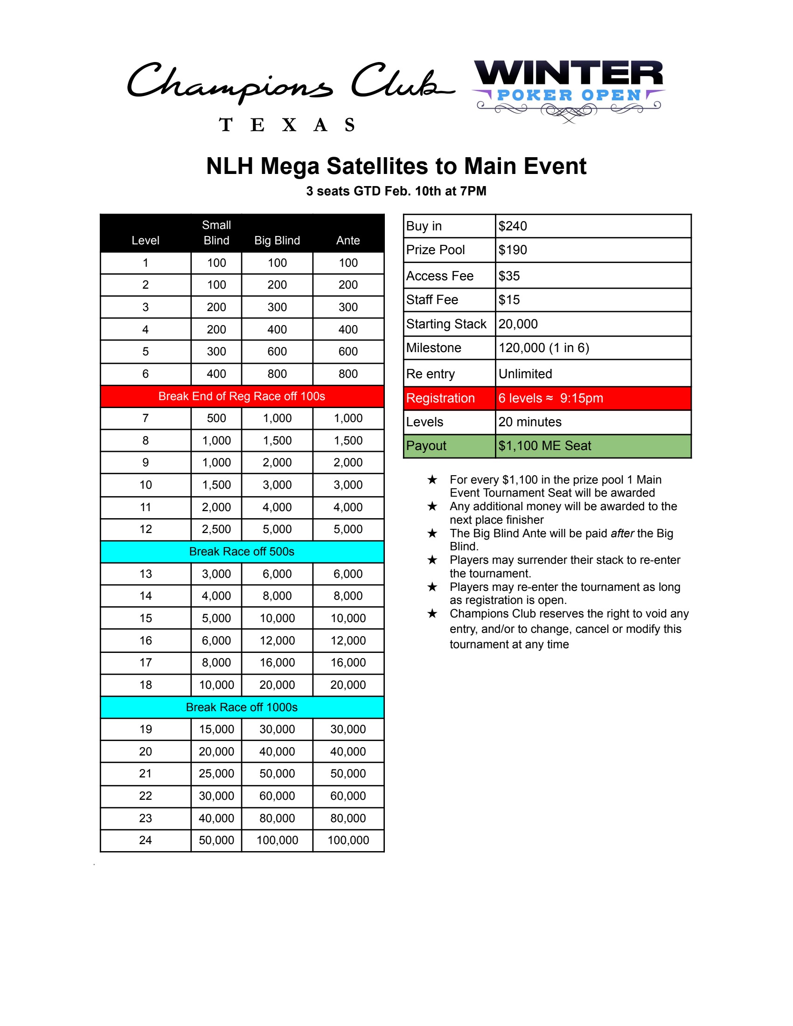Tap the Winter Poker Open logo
point(569,89)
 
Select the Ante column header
point(348,240)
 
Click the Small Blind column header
point(216,233)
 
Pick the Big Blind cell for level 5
point(277,351)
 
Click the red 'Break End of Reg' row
point(242,396)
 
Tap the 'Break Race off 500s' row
point(242,552)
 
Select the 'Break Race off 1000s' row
point(242,707)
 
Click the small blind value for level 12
point(216,529)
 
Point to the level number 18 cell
point(146,685)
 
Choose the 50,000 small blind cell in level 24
point(216,840)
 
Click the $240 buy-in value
point(513,226)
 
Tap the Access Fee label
point(440,276)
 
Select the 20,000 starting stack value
point(518,324)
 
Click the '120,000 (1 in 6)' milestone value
point(543,347)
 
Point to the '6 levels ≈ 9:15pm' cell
point(550,398)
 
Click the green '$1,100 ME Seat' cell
point(544,445)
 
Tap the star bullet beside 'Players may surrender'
point(432,560)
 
